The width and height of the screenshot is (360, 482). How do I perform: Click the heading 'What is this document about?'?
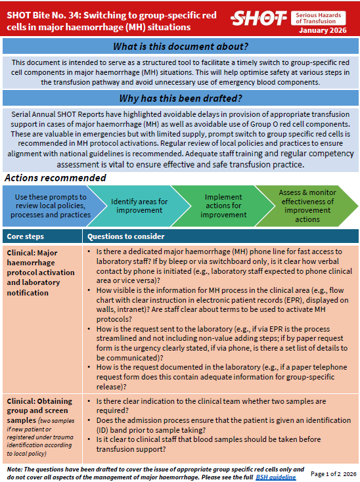[x=181, y=46]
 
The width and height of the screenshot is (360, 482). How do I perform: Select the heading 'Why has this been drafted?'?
[x=181, y=99]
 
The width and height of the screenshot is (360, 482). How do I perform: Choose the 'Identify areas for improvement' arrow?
[x=139, y=206]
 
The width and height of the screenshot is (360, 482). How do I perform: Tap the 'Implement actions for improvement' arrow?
[x=223, y=206]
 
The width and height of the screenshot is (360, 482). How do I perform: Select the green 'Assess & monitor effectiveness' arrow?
[x=309, y=206]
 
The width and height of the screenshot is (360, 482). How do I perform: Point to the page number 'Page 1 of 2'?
[x=325, y=473]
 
